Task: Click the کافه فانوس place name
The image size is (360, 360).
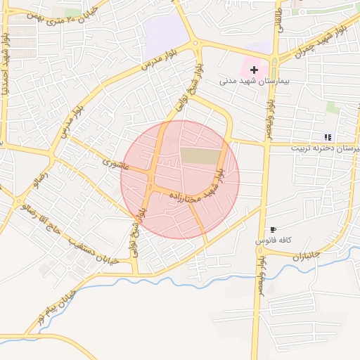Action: [273, 240]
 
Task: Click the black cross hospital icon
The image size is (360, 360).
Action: [254, 70]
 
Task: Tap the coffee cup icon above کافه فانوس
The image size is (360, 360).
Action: [273, 230]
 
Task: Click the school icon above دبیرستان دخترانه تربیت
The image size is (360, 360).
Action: [327, 137]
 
